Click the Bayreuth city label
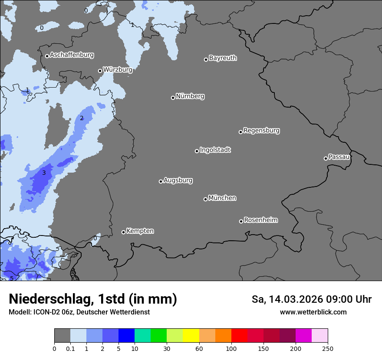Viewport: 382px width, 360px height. (x=223, y=58)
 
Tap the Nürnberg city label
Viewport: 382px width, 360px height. (x=190, y=96)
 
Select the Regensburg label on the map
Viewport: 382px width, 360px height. (x=261, y=131)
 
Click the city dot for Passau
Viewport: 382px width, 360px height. (x=326, y=158)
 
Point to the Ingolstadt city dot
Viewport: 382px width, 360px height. (x=197, y=151)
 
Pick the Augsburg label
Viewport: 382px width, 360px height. (x=178, y=180)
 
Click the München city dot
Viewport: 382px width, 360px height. (x=205, y=199)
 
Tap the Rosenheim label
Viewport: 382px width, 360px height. (x=260, y=220)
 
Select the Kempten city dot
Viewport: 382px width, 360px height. (x=123, y=232)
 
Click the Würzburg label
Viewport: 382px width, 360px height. (x=117, y=70)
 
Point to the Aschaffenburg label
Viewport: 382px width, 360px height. (x=72, y=55)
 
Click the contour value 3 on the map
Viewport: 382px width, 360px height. (x=44, y=173)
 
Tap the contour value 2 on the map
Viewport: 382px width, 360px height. (x=82, y=118)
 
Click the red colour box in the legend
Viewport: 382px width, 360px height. (x=239, y=336)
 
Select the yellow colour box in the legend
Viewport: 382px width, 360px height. (x=191, y=336)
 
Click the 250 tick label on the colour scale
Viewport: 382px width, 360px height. (x=328, y=349)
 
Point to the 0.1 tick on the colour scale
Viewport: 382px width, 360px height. (x=70, y=349)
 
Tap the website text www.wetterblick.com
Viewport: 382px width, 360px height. (x=313, y=312)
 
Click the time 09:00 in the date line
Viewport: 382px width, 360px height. (x=335, y=299)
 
